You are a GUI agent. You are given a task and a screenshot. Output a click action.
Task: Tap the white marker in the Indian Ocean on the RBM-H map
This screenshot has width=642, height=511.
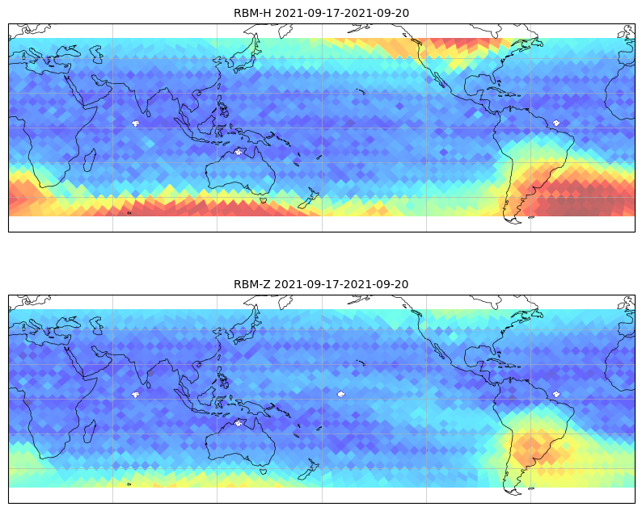pyautogui.click(x=135, y=123)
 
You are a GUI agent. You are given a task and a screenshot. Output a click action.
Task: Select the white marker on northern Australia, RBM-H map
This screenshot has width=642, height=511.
pyautogui.click(x=239, y=152)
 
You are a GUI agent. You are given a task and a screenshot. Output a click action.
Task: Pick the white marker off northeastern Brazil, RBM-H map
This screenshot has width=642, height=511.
pyautogui.click(x=556, y=123)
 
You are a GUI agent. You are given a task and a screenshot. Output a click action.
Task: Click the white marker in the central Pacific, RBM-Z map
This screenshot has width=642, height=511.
pyautogui.click(x=340, y=394)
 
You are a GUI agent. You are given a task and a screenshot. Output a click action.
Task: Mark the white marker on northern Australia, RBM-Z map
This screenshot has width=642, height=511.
pyautogui.click(x=239, y=423)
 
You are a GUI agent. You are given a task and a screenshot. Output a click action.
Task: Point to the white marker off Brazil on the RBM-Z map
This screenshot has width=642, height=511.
pyautogui.click(x=556, y=394)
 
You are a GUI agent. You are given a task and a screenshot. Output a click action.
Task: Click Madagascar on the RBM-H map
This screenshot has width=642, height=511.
pyautogui.click(x=90, y=160)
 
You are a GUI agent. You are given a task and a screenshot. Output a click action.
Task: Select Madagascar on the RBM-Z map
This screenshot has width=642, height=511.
pyautogui.click(x=90, y=431)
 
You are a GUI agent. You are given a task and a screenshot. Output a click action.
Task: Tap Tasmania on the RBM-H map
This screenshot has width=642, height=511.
pyautogui.click(x=264, y=200)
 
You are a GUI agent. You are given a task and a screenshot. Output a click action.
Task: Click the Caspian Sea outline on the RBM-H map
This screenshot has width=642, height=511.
pyautogui.click(x=97, y=54)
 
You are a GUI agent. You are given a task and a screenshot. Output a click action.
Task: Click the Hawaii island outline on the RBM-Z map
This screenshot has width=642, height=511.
pyautogui.click(x=363, y=363)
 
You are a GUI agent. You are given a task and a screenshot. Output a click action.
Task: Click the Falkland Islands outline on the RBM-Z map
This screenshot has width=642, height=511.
pyautogui.click(x=531, y=488)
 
